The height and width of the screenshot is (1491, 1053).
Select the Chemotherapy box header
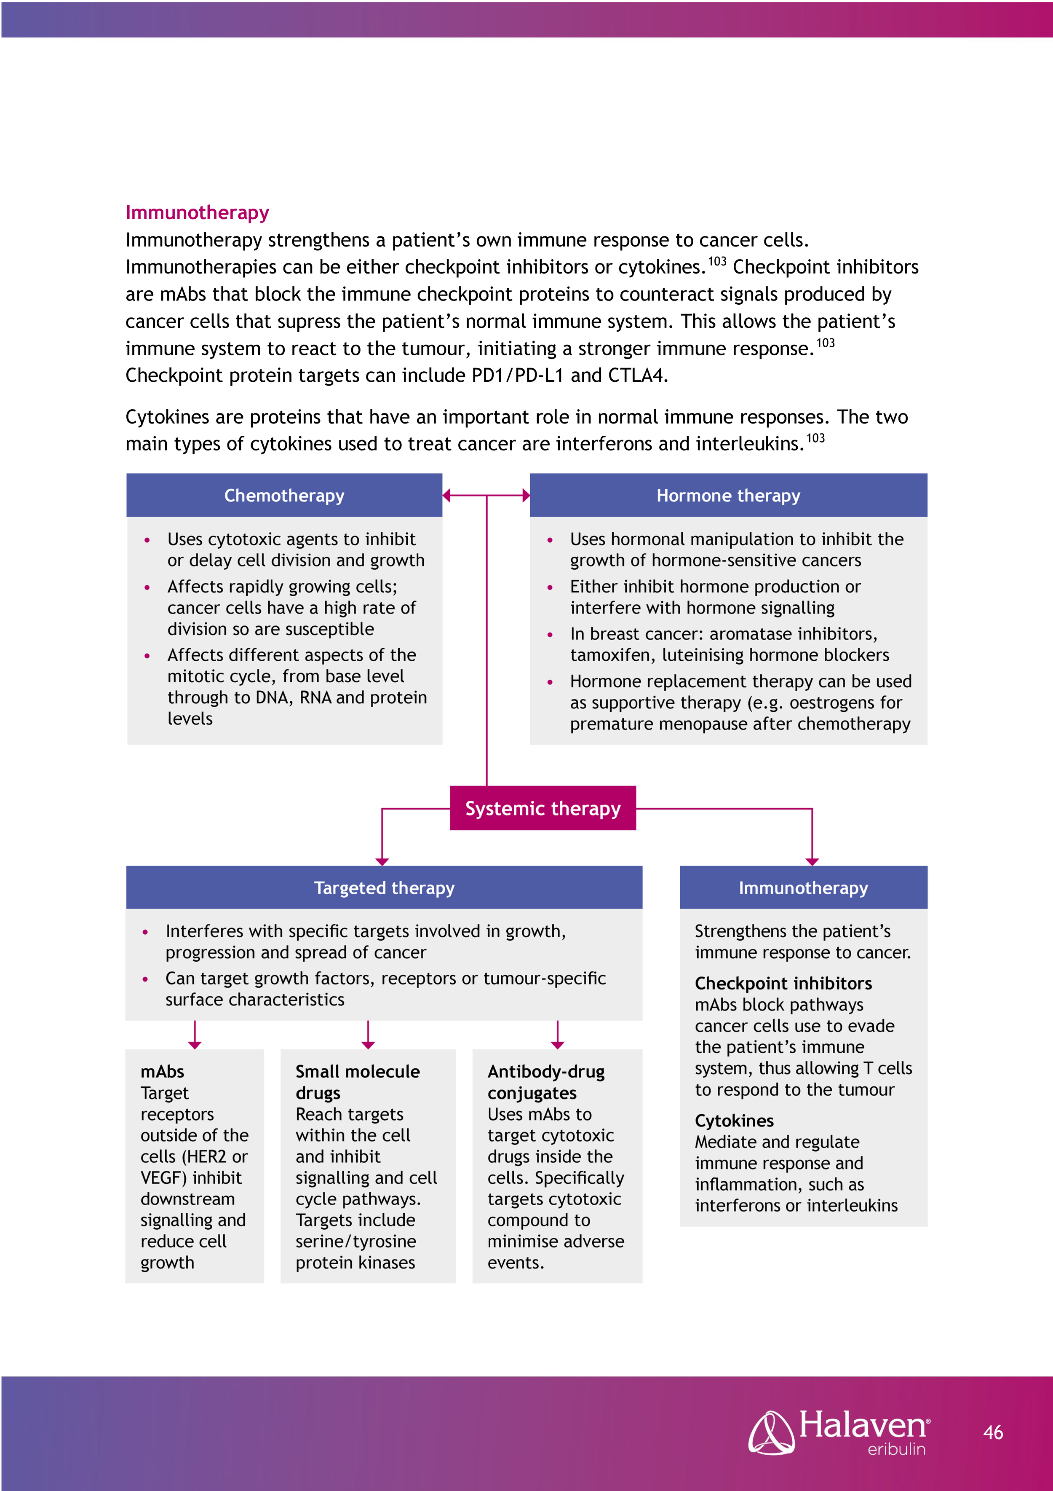tap(284, 496)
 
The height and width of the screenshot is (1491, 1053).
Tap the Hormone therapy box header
tap(728, 496)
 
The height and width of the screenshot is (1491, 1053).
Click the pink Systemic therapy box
tap(543, 808)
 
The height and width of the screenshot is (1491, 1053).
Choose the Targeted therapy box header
tap(384, 888)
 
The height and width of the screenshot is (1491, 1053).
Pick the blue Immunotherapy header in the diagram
tap(803, 888)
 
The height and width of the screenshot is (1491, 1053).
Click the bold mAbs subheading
tap(162, 1072)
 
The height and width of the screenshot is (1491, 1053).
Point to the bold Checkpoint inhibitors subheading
tap(783, 983)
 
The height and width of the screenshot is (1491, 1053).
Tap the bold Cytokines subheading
tap(734, 1121)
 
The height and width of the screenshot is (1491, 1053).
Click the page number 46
tap(993, 1432)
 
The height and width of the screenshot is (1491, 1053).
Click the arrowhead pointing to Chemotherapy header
tap(446, 496)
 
